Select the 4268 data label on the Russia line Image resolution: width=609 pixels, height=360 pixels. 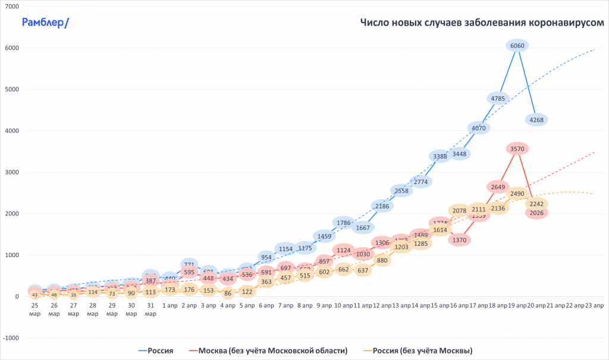(536, 120)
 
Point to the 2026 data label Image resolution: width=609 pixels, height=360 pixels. (536, 213)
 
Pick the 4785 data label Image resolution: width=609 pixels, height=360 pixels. (498, 98)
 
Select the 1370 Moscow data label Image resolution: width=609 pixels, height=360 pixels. (459, 240)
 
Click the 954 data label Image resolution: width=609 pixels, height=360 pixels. (266, 257)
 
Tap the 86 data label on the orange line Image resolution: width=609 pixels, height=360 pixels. (228, 293)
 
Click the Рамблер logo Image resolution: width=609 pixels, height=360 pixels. (45, 23)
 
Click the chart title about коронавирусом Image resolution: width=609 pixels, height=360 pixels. (482, 23)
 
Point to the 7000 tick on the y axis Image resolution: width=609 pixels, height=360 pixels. (12, 7)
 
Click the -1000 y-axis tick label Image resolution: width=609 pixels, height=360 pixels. (11, 338)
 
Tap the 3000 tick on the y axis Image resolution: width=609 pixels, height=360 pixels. (12, 173)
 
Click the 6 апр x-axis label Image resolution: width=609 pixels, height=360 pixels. (266, 305)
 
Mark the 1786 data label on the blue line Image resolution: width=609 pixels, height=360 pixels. (344, 223)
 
